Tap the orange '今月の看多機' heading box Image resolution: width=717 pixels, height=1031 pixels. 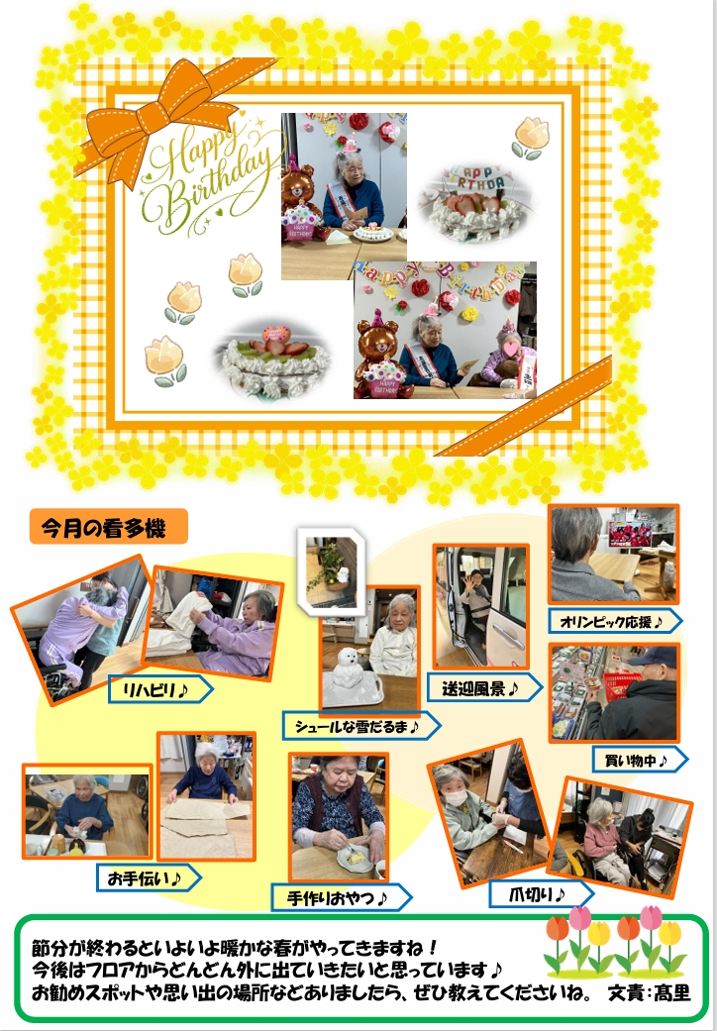tap(108, 527)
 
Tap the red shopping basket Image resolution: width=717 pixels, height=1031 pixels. tap(620, 684)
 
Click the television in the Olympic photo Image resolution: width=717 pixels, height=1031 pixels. tap(630, 534)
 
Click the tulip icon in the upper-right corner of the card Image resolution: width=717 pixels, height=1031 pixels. tap(530, 138)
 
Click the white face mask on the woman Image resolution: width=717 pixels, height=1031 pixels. tap(457, 797)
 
